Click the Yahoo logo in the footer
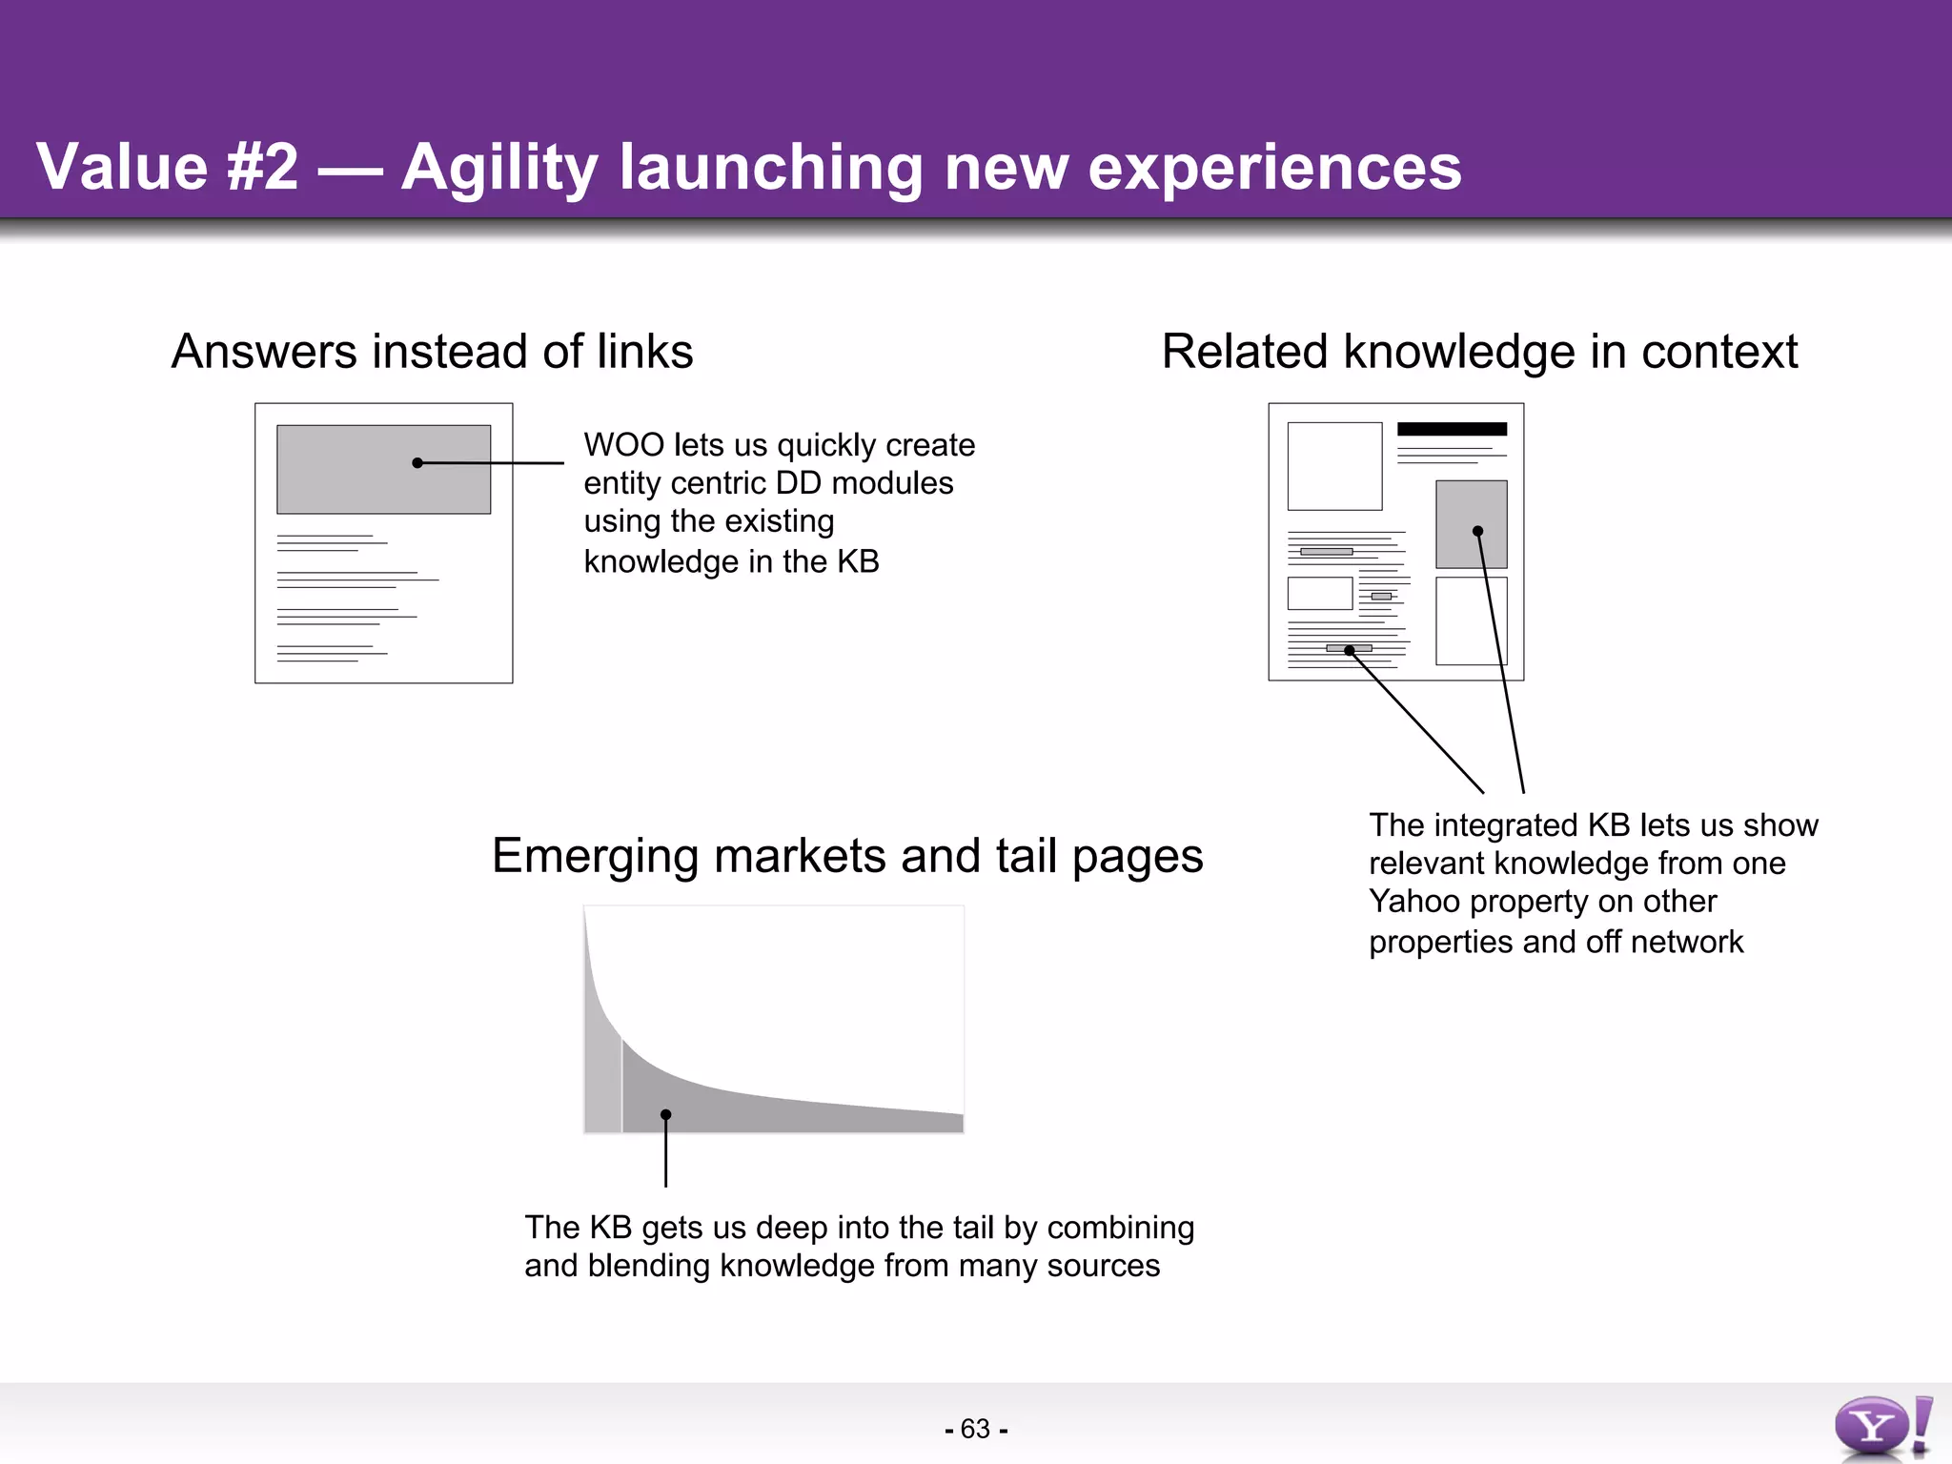click(1881, 1426)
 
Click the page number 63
click(975, 1429)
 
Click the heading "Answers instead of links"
click(432, 351)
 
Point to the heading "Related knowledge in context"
click(1479, 351)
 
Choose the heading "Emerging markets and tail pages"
click(846, 855)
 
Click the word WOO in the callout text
click(623, 445)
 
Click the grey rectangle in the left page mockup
click(343, 486)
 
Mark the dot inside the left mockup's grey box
click(417, 463)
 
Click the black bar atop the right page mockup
click(1452, 429)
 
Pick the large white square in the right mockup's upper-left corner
click(1334, 466)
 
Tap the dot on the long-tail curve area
click(665, 1114)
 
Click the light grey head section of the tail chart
click(602, 1087)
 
